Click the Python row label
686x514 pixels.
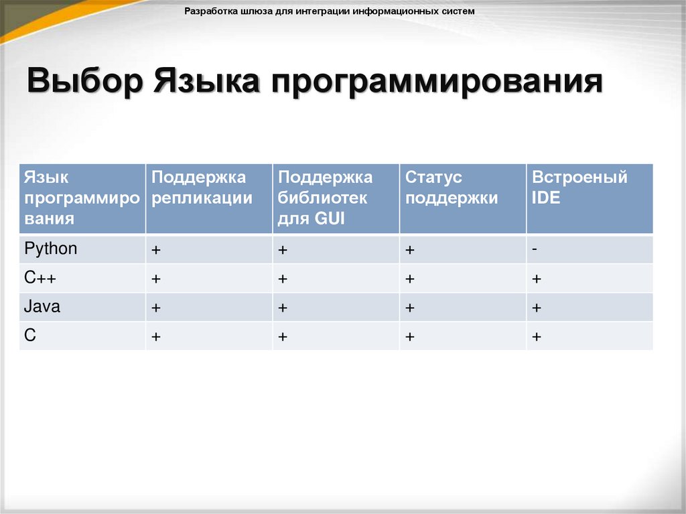[x=51, y=249]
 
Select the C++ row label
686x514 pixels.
[x=40, y=278]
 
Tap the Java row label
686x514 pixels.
[x=42, y=307]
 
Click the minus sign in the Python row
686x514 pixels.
[x=536, y=247]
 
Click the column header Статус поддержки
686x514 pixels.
[x=452, y=188]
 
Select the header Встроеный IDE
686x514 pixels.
[x=579, y=188]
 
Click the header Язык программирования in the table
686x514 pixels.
[x=82, y=198]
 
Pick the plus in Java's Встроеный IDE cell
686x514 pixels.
[x=537, y=308]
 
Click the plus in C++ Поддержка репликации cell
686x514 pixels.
[x=155, y=279]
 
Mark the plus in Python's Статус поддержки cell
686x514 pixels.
[x=409, y=250]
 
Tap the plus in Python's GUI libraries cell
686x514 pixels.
[x=283, y=250]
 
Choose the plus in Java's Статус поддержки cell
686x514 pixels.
[x=409, y=308]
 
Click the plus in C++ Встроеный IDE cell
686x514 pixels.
[x=537, y=279]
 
